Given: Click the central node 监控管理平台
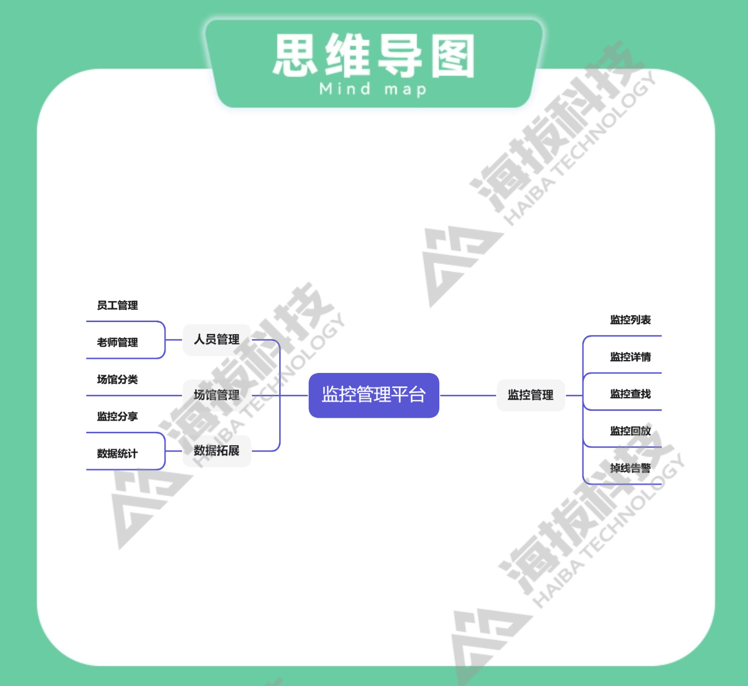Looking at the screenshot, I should pos(374,395).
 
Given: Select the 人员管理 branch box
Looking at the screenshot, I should pos(216,340).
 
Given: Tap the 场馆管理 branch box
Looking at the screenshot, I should pos(216,395).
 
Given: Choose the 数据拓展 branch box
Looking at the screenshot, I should pos(216,451).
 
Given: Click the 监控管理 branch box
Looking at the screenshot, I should pos(531,395).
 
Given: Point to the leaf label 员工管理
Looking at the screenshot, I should pos(117,305).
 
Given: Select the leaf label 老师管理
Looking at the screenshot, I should pos(117,343).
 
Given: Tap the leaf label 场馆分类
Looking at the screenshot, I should pos(117,379).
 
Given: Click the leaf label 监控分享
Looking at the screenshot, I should pos(117,416).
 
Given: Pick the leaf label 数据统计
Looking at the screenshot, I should pos(117,454).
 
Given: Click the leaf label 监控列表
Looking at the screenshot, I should pos(630,320).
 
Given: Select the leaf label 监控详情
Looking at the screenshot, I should pos(630,357).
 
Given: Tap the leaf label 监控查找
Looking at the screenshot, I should pos(630,394).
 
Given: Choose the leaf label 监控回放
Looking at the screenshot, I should pos(630,431).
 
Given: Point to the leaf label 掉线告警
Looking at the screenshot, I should pos(630,468).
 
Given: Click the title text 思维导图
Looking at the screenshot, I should pos(374,56).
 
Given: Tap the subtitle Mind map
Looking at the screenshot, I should pos(373,90).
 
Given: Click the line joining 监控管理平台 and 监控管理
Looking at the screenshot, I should pos(468,395).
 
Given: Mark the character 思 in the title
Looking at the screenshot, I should pos(295,56).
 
